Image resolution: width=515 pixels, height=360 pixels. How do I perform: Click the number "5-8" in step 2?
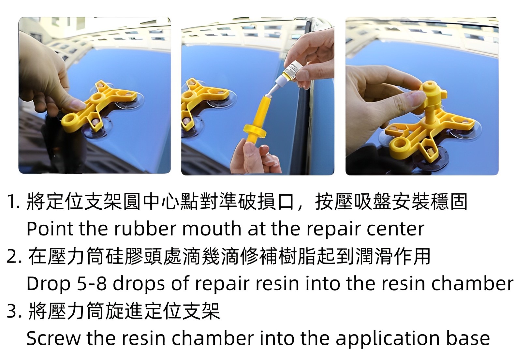(92, 284)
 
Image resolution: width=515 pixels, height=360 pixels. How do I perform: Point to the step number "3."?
(14, 311)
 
